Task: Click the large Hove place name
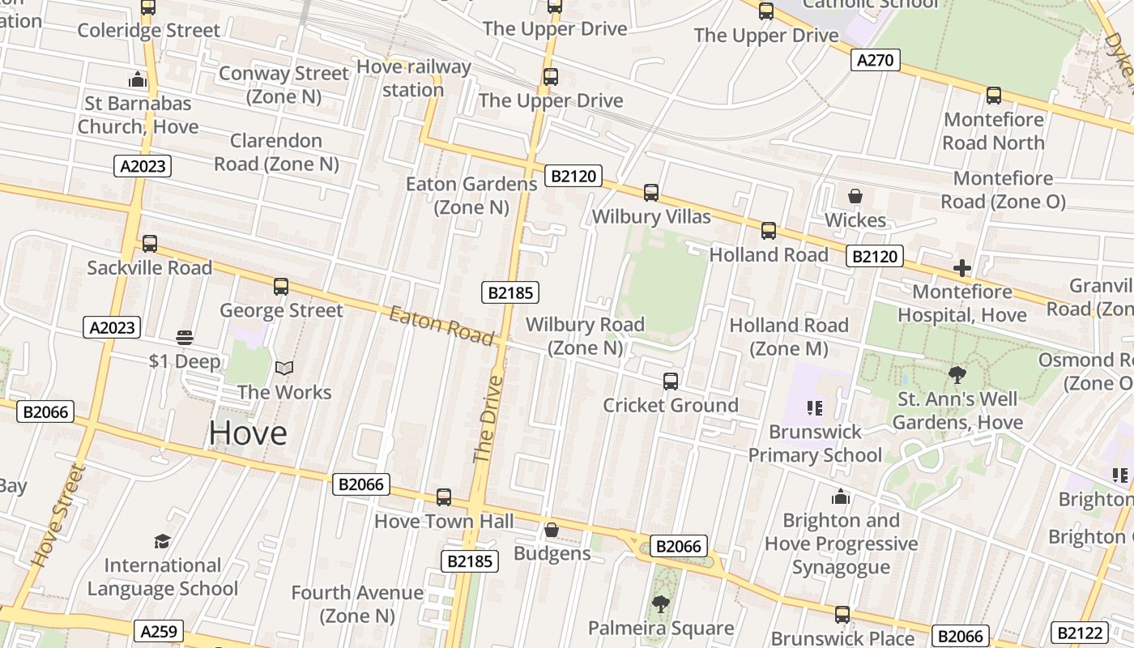click(248, 433)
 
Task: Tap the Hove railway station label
click(413, 78)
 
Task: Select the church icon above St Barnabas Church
click(138, 79)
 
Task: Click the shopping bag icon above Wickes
click(855, 196)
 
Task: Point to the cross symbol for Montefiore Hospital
click(961, 268)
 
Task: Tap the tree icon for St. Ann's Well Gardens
click(957, 375)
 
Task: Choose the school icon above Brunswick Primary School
click(814, 408)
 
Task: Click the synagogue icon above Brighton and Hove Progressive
click(841, 496)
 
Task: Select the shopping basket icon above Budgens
click(552, 530)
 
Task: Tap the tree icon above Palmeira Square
click(660, 603)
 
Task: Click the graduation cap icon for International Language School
click(162, 541)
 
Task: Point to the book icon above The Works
click(283, 369)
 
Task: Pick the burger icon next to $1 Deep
click(185, 338)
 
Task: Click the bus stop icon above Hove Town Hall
click(443, 497)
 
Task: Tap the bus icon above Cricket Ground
click(670, 381)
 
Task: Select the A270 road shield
click(876, 60)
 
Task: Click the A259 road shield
click(159, 631)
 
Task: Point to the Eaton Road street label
click(441, 325)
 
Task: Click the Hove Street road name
click(58, 514)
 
